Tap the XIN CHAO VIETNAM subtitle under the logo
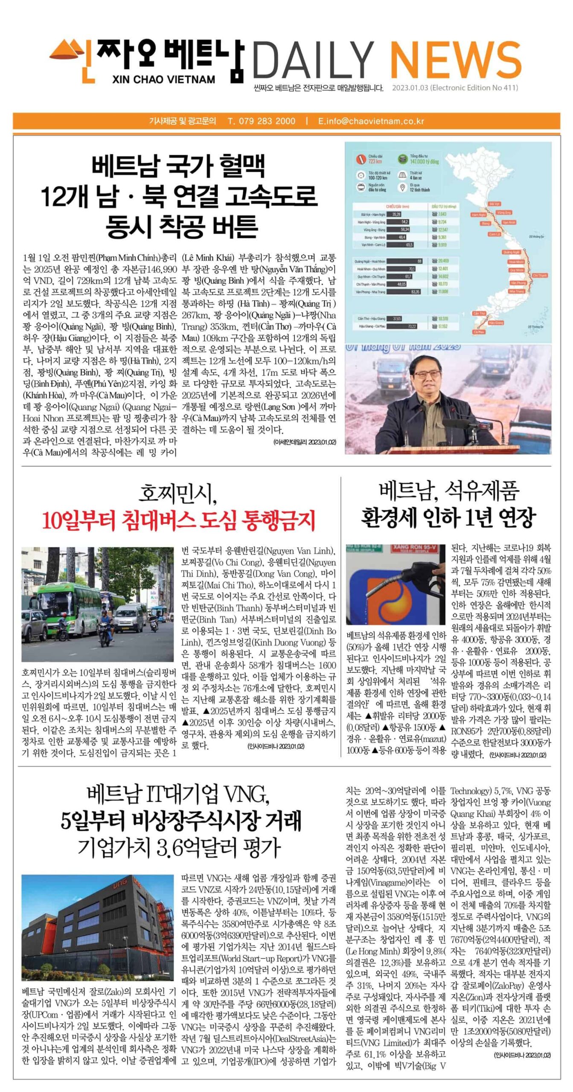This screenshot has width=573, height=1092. point(164,80)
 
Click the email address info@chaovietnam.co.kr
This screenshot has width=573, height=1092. point(375,121)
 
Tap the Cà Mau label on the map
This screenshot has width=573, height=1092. point(479,331)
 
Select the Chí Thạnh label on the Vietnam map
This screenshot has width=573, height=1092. point(540,276)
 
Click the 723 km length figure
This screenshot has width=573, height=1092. point(375,162)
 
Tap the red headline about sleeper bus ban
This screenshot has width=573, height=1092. point(178,520)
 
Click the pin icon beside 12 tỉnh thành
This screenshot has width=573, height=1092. point(402,187)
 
